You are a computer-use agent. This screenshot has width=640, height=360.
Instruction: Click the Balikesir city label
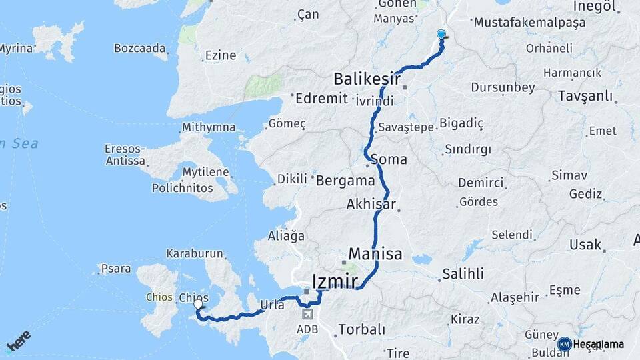pos(367,80)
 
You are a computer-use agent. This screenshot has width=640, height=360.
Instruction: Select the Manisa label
pos(375,254)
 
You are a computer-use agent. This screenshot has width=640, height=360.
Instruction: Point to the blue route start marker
pos(441,35)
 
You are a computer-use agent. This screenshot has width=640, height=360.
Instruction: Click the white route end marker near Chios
pos(197,305)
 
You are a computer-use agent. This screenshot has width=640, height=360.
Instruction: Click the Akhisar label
pos(371,205)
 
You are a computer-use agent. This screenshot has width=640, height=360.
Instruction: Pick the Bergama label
pos(345,181)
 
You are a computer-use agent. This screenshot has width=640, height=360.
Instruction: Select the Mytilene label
pos(206,172)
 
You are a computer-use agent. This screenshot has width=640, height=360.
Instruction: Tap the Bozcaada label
pos(139,48)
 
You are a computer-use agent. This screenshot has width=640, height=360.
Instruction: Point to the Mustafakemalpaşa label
pos(529,22)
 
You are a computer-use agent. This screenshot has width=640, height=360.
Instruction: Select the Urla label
pos(271,305)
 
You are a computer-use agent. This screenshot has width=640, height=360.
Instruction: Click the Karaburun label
pos(193,254)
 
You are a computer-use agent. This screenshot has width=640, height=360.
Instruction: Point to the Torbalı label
pos(362,329)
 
